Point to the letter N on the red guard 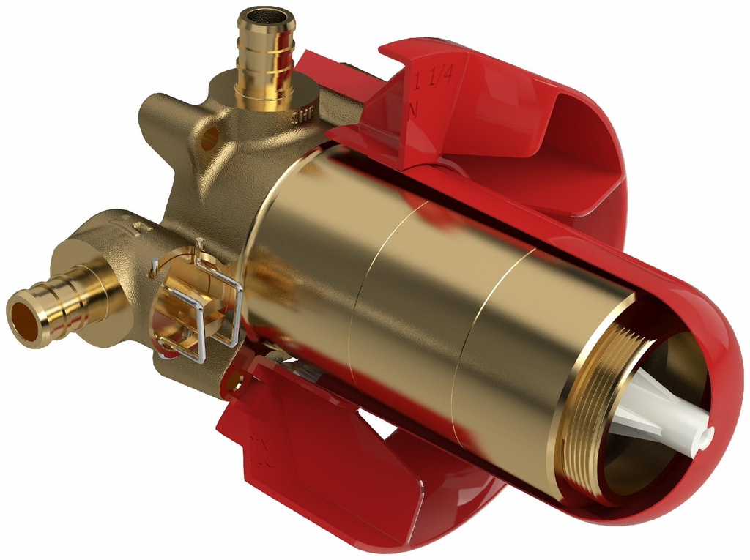pyautogui.click(x=414, y=108)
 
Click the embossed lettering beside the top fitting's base pyautogui.click(x=303, y=115)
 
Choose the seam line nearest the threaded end pyautogui.click(x=483, y=322)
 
